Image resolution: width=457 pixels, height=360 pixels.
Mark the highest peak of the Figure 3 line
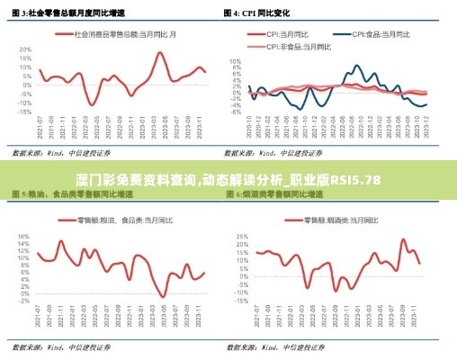[160, 52]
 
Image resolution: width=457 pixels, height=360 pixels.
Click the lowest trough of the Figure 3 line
[93, 105]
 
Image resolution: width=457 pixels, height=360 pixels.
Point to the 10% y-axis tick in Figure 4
[237, 62]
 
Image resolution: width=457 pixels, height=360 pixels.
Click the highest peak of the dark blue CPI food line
[357, 66]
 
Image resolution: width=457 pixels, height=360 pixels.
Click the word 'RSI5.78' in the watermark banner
[355, 181]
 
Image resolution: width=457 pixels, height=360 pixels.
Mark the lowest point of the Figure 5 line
[163, 296]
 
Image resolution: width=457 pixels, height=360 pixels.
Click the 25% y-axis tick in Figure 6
[240, 237]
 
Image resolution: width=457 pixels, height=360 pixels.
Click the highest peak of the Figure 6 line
[403, 239]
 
